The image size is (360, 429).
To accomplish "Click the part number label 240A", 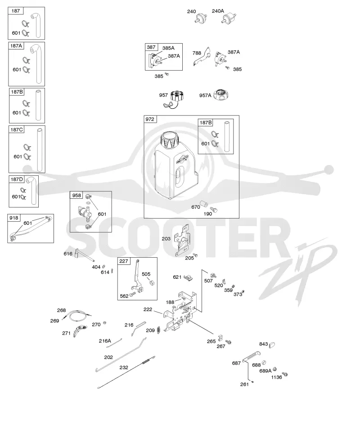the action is pos(218,11).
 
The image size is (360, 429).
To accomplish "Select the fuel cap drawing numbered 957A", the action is pos(221,95).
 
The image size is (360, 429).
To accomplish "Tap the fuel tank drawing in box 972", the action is pos(174,165).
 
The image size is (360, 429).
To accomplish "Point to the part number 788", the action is pos(197,53).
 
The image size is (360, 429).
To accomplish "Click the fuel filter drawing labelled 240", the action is pos(201,18).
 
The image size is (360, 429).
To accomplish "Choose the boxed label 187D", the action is pos(17,179).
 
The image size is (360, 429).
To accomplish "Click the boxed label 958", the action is pos(76,195).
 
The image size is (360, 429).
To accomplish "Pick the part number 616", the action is pos(68,254).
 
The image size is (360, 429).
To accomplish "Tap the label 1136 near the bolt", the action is pos(276,377).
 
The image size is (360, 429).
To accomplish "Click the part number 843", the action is pos(263,344).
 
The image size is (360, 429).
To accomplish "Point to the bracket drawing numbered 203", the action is pos(182,240).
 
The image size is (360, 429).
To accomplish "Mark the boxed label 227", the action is pos(124,261).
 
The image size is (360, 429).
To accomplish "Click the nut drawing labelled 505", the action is pos(152,282).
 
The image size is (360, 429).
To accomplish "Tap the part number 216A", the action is pos(105,341).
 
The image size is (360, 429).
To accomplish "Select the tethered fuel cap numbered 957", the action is pos(174,99).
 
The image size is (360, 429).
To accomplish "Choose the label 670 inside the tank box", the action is pos(195,207).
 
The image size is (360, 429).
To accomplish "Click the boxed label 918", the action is pos(13,218).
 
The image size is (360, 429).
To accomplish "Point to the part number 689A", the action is pos(265,371).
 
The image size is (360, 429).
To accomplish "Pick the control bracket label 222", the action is pos(148,309).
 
